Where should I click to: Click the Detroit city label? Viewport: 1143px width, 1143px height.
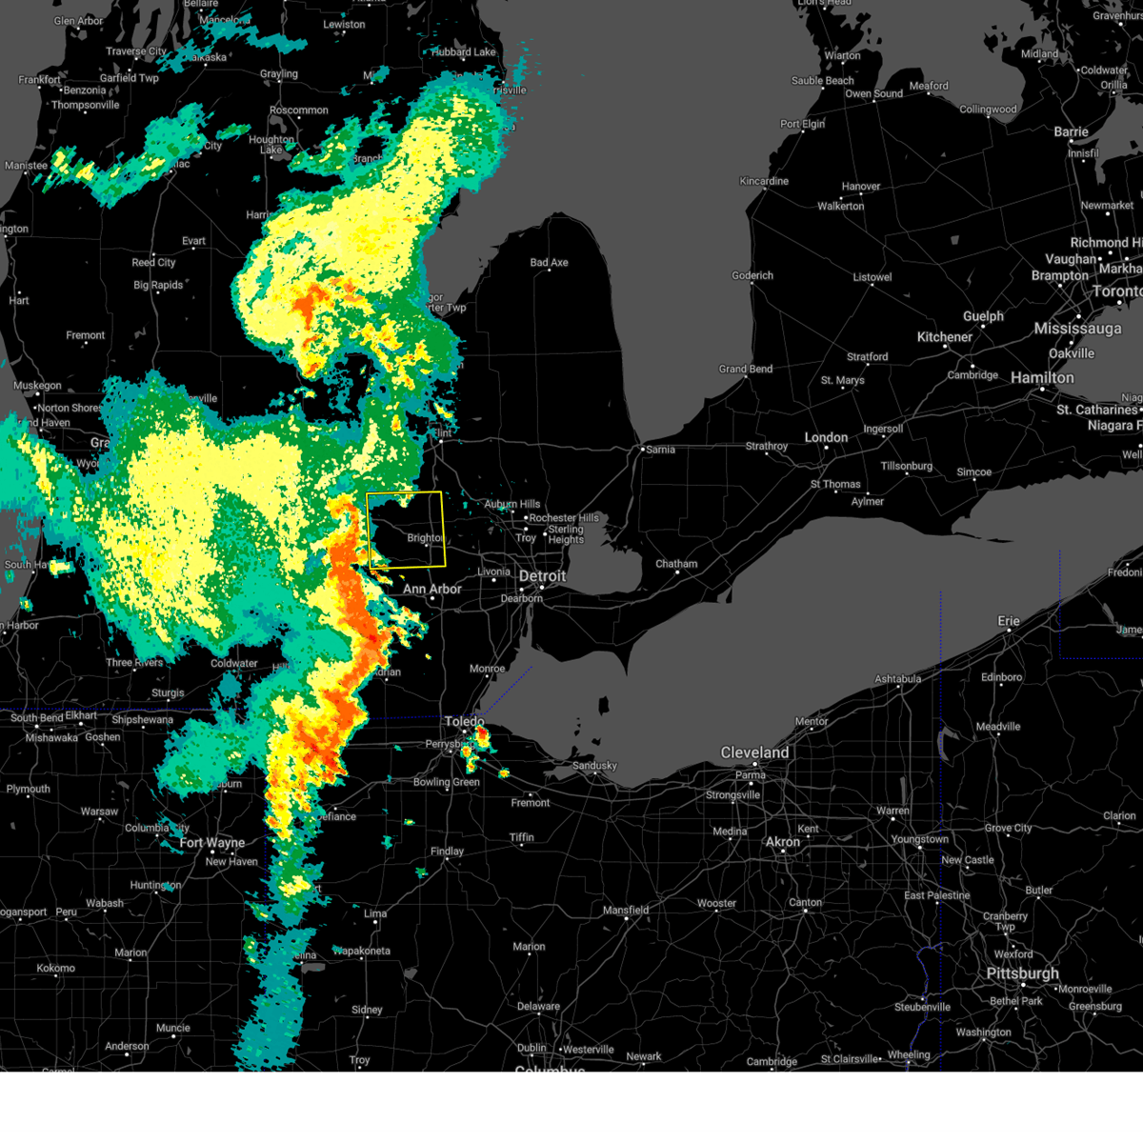coord(542,576)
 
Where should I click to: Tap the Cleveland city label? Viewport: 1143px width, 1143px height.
coord(754,752)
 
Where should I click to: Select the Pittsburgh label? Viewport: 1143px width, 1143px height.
coord(1023,973)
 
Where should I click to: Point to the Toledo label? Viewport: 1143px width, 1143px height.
coord(464,722)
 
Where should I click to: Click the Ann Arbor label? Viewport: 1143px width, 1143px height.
coord(431,590)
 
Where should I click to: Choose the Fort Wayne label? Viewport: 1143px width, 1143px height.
coord(211,843)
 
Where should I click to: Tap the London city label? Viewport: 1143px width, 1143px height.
coord(826,437)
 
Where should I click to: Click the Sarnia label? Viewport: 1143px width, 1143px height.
coord(660,450)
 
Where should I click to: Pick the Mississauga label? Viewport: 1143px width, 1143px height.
coord(1077,329)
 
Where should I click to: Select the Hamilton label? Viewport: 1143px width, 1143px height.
coord(1042,378)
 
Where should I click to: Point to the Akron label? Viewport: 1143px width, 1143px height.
coord(783,842)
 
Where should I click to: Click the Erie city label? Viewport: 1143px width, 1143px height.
coord(1009,621)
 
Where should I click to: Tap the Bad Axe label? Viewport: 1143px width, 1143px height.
coord(549,263)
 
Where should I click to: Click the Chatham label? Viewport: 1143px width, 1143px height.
coord(676,564)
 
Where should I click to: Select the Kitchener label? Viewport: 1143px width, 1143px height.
coord(944,337)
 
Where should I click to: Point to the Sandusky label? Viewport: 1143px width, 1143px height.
coord(594,766)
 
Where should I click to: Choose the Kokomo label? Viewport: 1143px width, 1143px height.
coord(55,969)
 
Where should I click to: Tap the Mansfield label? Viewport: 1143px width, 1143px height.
coord(626,911)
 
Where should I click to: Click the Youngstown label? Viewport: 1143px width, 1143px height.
coord(919,839)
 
